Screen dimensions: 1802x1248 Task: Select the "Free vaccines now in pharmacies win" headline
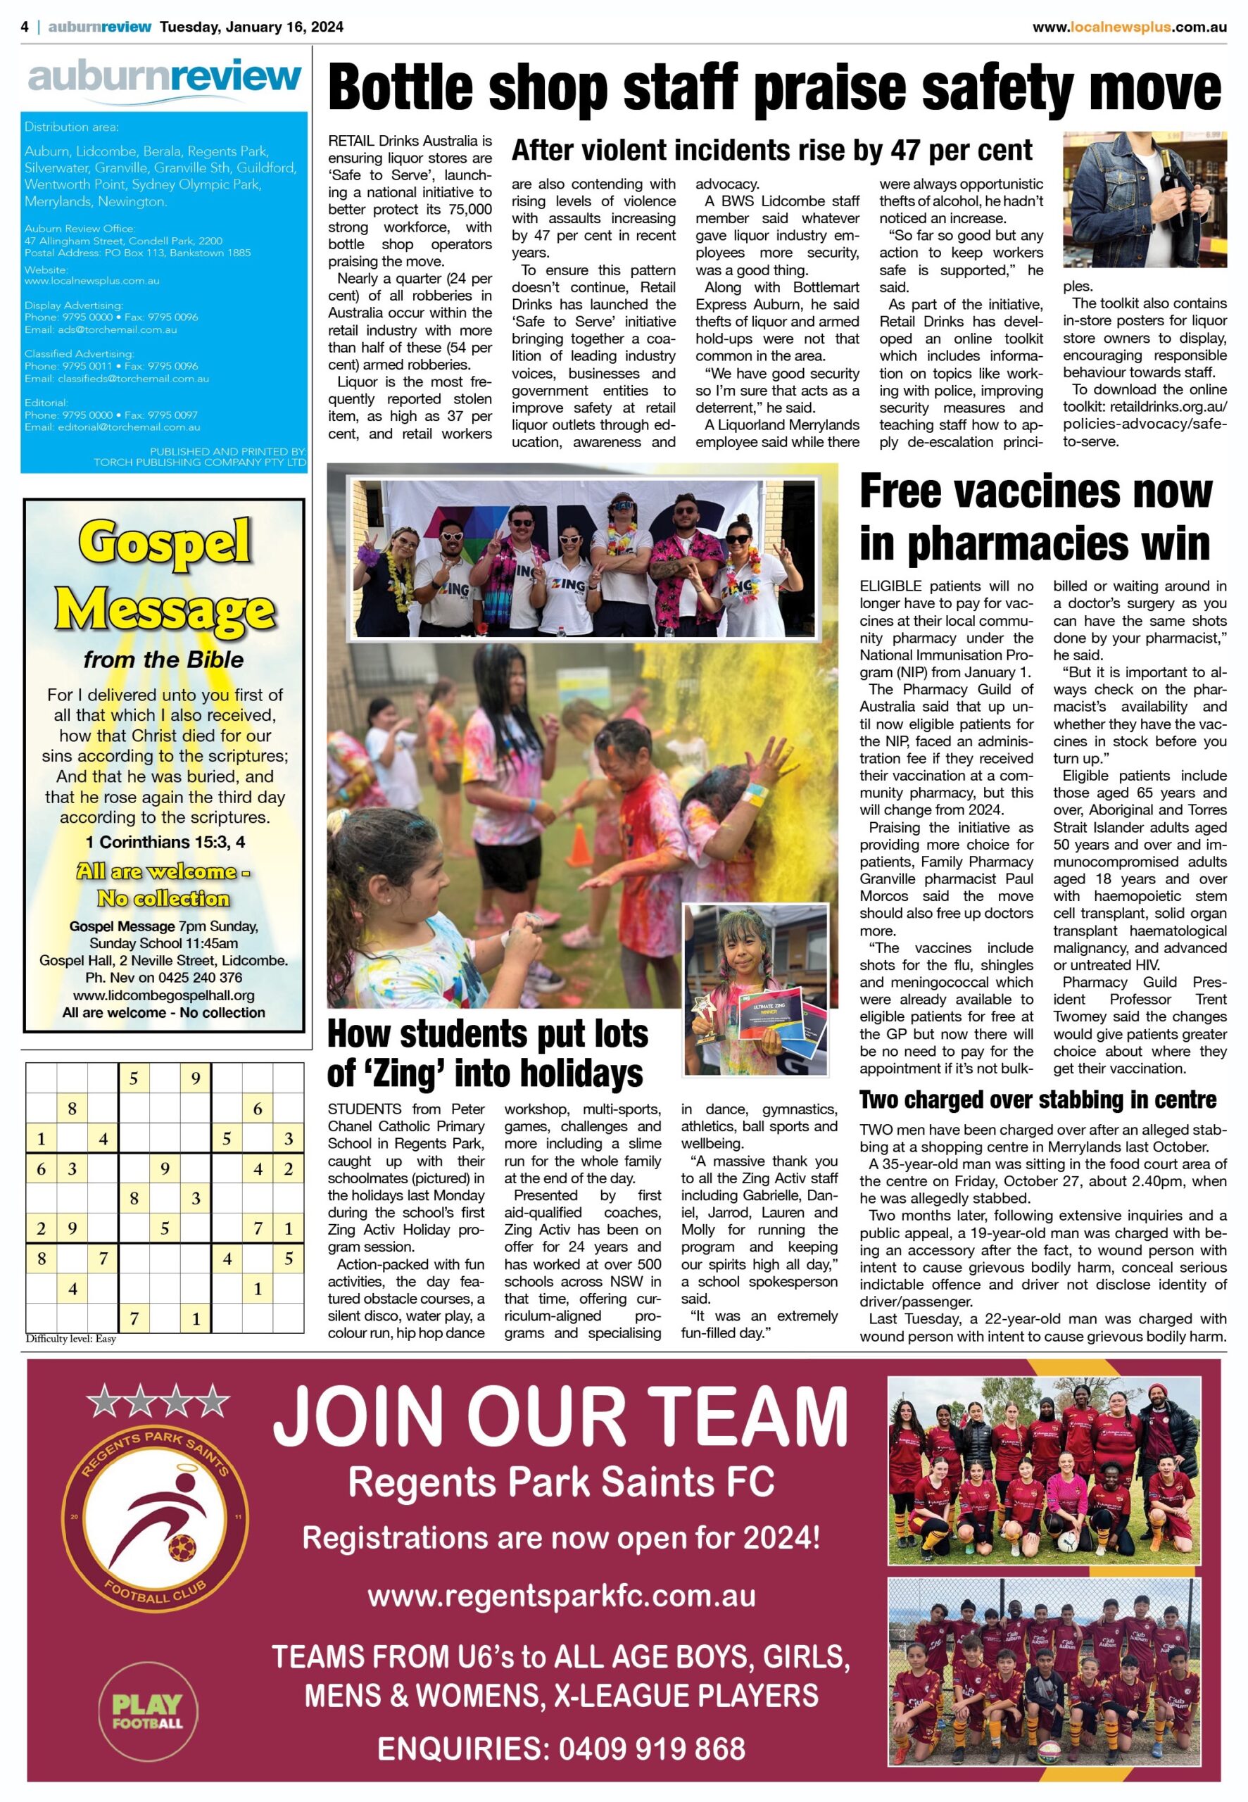(x=1035, y=517)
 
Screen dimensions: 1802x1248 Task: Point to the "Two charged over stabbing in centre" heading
(x=1038, y=1100)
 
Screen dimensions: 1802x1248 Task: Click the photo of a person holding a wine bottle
(x=1144, y=199)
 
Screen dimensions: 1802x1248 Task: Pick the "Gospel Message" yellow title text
(x=164, y=574)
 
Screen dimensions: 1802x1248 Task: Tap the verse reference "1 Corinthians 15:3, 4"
(x=164, y=842)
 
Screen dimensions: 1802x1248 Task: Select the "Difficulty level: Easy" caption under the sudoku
(x=70, y=1338)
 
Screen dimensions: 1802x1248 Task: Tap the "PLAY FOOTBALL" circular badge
(x=148, y=1710)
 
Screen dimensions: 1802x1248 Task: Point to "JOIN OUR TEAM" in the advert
(x=560, y=1416)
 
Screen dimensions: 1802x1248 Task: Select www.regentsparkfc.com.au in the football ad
(x=562, y=1595)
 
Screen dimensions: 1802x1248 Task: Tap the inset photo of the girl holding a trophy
(x=755, y=989)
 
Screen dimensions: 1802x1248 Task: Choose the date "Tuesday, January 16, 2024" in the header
(x=251, y=27)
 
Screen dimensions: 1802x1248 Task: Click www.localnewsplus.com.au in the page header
(x=1129, y=27)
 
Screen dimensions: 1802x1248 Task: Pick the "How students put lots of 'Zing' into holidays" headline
(x=487, y=1053)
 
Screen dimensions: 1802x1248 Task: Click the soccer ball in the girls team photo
(x=1067, y=1541)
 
